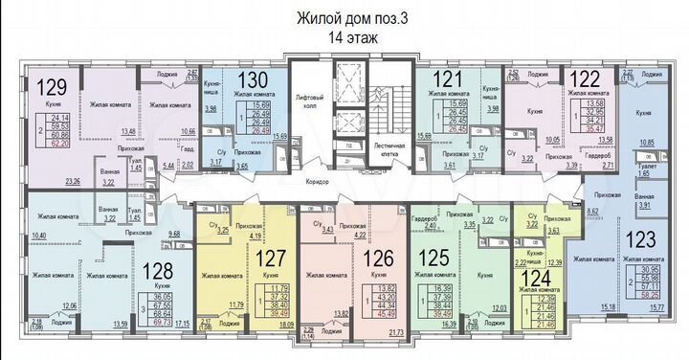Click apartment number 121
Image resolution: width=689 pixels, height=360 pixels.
pos(440,80)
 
